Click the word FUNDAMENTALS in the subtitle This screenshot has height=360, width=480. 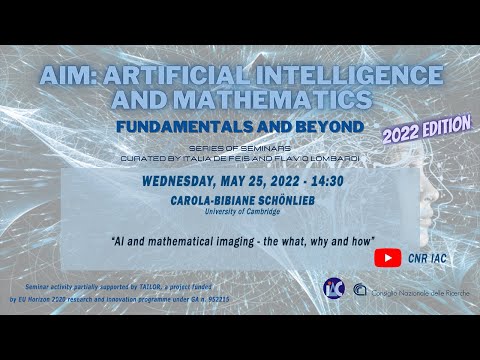click(201, 128)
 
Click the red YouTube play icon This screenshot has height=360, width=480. click(388, 257)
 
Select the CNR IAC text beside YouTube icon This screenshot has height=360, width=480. click(427, 258)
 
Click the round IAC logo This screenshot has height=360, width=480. click(333, 289)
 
